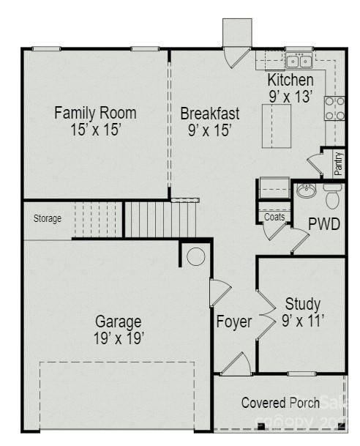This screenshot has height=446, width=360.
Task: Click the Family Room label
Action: pyautogui.click(x=95, y=113)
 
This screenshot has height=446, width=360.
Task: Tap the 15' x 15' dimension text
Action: pyautogui.click(x=95, y=130)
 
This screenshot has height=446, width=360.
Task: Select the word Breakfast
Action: pyautogui.click(x=210, y=114)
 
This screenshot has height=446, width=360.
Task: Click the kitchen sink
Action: pyautogui.click(x=299, y=60)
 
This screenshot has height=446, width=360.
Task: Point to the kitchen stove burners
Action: pyautogui.click(x=334, y=108)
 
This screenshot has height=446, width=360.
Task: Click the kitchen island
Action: pyautogui.click(x=276, y=125)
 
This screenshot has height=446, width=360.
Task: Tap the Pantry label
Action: pyautogui.click(x=339, y=162)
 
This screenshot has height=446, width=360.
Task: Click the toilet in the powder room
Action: pyautogui.click(x=333, y=196)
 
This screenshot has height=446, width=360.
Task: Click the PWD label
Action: pyautogui.click(x=323, y=224)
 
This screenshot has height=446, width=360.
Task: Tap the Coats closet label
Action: pyautogui.click(x=274, y=216)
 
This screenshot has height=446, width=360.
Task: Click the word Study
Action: pyautogui.click(x=302, y=304)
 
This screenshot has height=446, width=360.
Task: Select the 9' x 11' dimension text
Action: pyautogui.click(x=302, y=320)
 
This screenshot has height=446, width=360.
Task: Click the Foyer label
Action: pyautogui.click(x=234, y=322)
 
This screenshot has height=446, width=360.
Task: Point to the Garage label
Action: pyautogui.click(x=119, y=321)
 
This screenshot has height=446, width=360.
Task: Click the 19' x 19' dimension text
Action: pyautogui.click(x=119, y=338)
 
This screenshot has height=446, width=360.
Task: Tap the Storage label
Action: pyautogui.click(x=48, y=218)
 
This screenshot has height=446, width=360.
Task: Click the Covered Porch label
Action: pyautogui.click(x=280, y=403)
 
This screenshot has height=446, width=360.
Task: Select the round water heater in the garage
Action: pyautogui.click(x=195, y=256)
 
